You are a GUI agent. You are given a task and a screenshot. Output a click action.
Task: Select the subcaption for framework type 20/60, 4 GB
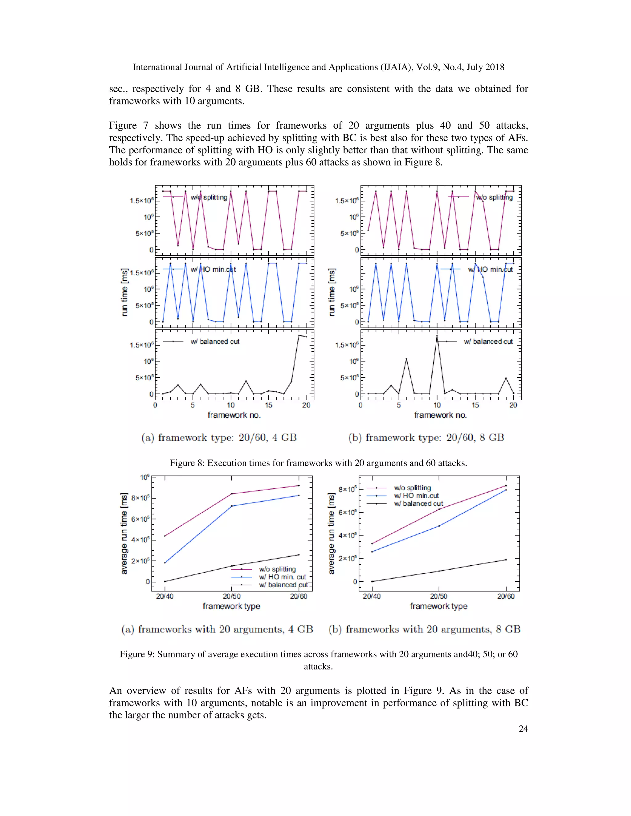(x=219, y=437)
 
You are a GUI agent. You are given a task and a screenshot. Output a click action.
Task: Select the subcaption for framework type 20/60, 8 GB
(x=426, y=437)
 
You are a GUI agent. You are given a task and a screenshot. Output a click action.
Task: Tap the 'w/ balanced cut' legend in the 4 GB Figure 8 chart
(x=214, y=341)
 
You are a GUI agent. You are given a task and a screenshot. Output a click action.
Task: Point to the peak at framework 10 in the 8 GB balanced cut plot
(x=437, y=336)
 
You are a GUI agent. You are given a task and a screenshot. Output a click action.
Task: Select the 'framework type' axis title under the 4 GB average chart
(x=231, y=606)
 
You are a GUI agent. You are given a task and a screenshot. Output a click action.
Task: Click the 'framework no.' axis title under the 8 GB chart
(x=440, y=415)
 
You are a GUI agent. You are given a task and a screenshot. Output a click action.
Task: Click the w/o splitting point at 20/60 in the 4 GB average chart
(x=299, y=485)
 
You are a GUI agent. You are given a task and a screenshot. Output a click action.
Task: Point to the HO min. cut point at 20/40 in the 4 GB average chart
(x=165, y=563)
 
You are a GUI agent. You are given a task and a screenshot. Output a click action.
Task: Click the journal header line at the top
(x=318, y=67)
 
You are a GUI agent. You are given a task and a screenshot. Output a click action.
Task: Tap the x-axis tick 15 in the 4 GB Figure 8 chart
(x=268, y=405)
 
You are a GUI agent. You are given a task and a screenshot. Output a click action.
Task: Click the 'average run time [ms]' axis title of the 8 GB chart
(x=331, y=534)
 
